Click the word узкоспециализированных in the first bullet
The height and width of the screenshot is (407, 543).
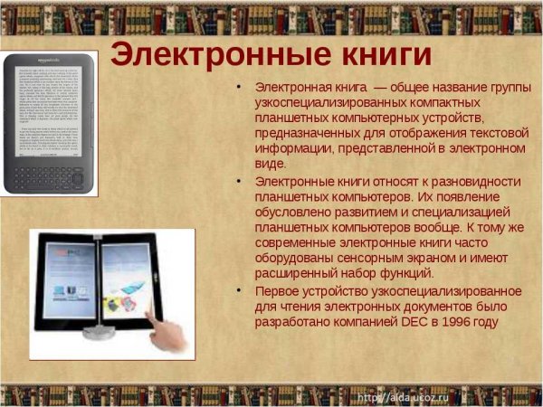pyautogui.click(x=330, y=103)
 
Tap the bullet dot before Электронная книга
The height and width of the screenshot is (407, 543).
pyautogui.click(x=238, y=88)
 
